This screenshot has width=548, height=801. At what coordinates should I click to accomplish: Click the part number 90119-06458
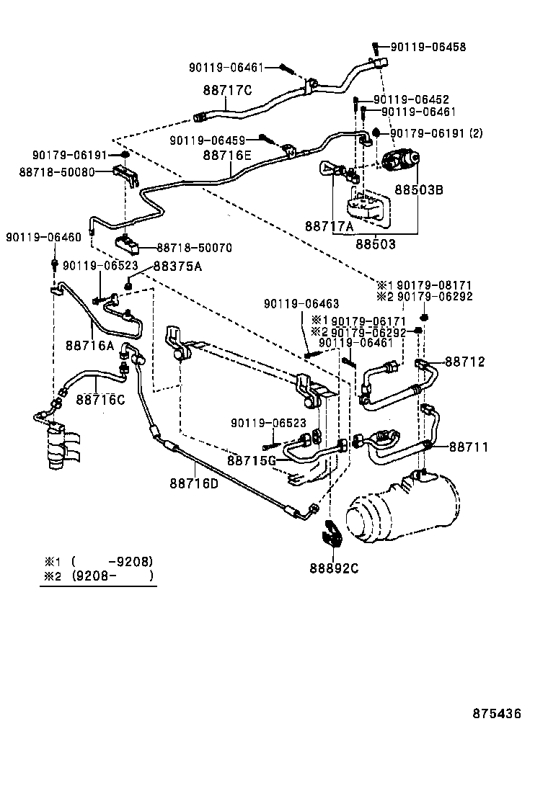428,47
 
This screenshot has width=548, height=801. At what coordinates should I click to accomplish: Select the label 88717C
227,90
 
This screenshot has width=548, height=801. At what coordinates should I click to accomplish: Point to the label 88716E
227,154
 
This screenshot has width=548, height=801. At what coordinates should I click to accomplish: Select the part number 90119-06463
301,304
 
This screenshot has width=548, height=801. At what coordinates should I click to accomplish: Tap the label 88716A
90,346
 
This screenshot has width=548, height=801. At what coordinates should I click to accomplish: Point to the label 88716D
194,483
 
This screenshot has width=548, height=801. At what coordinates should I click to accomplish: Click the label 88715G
252,460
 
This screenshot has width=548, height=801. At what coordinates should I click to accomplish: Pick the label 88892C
334,568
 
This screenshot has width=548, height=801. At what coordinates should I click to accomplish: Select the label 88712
464,362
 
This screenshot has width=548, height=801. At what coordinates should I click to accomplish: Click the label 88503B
418,190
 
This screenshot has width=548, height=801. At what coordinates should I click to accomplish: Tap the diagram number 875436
497,714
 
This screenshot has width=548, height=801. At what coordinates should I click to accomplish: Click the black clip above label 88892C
334,534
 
